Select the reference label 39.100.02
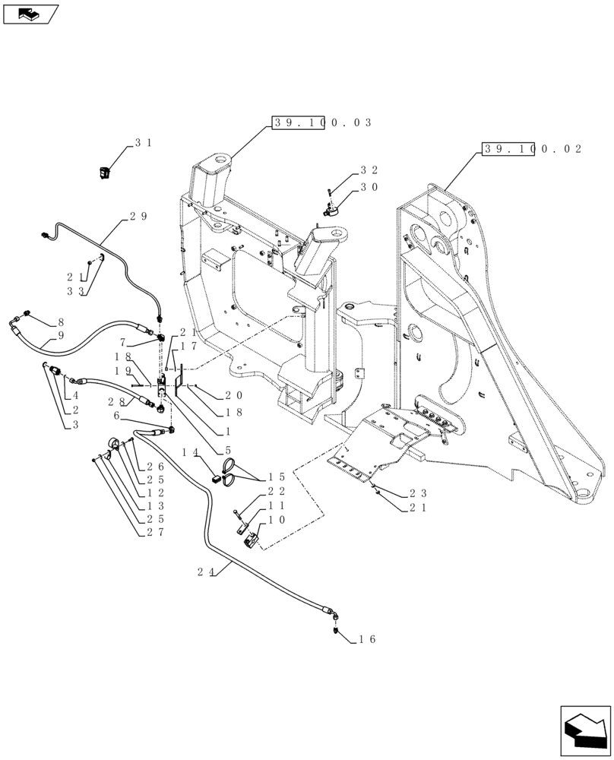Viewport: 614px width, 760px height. [x=531, y=150]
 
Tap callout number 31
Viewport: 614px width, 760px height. [x=143, y=143]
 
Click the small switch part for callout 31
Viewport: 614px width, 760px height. [x=106, y=174]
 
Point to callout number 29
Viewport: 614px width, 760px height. [x=138, y=217]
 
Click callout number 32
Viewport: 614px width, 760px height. [x=369, y=170]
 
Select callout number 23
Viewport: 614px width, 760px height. [x=419, y=492]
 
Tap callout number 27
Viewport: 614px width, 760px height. [x=155, y=534]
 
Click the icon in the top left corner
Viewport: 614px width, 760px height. [x=30, y=12]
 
